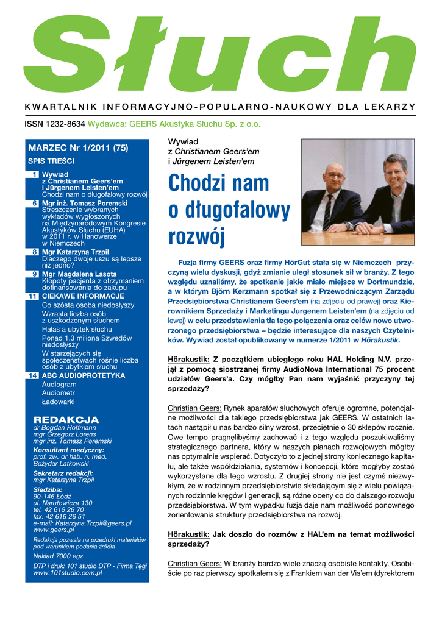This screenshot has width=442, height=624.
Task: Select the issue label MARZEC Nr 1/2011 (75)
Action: (78, 148)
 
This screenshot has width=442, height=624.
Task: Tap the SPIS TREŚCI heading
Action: (51, 161)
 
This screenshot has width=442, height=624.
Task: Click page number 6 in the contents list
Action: (35, 202)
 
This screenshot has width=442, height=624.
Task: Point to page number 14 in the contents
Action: (34, 375)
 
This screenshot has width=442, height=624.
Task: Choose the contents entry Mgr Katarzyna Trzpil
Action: (74, 252)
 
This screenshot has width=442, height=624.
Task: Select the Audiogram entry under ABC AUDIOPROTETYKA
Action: (59, 385)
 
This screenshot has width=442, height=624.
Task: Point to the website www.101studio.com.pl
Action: (68, 573)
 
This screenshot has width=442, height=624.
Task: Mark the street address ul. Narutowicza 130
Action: (63, 503)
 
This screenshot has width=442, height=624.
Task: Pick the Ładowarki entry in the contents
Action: (59, 402)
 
